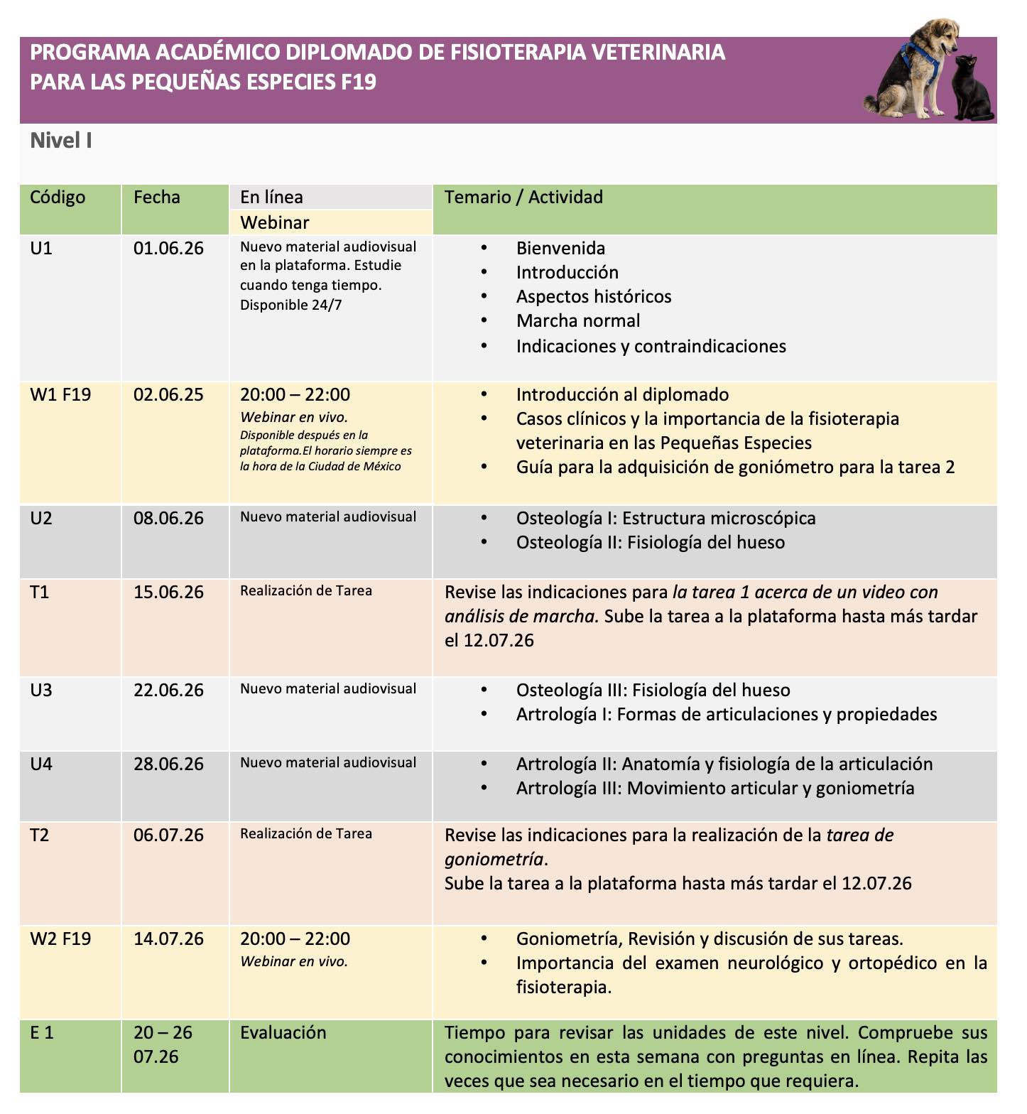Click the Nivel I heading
pos(61,141)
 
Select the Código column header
pos(58,197)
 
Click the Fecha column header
pos(157,197)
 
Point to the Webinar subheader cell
pos(275,222)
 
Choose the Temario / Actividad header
pos(523,197)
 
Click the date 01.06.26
pos(168,248)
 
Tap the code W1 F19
pos(60,394)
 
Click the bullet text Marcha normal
pos(578,320)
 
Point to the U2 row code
pos(41,518)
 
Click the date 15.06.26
pos(168,592)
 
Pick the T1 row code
pos(40,592)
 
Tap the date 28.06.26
pos(168,764)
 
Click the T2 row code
pos(40,835)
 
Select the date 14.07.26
pos(168,939)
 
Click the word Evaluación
pos(283,1032)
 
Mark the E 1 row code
pos(42,1032)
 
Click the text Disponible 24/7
pos(291,305)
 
